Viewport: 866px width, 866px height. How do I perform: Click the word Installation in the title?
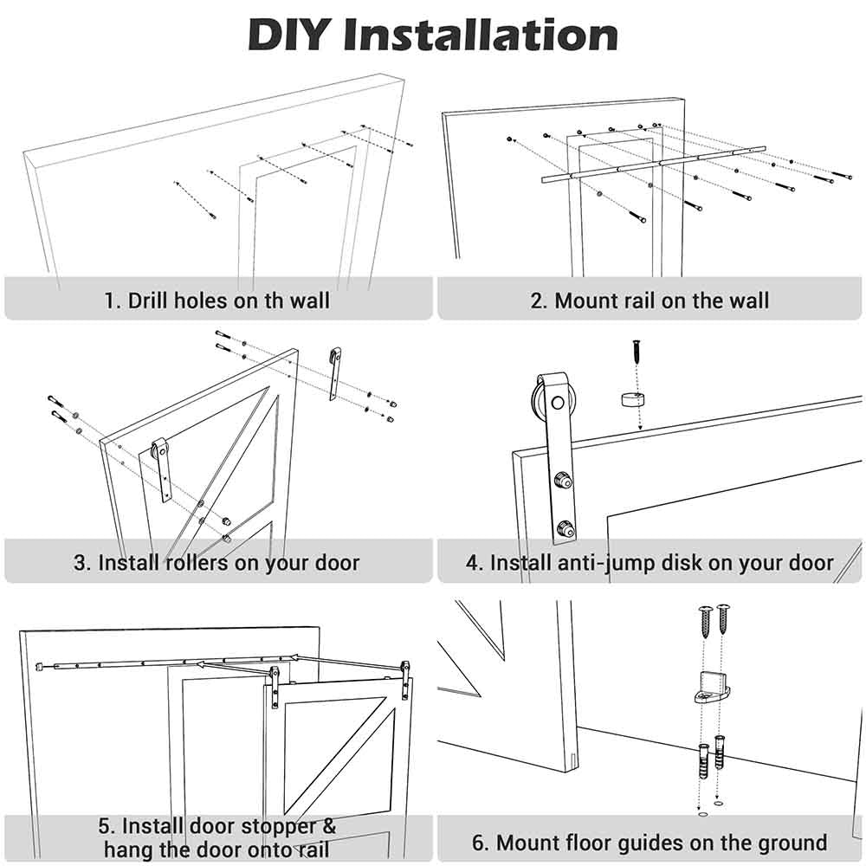[x=481, y=35]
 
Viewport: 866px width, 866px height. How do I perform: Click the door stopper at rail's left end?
[x=41, y=666]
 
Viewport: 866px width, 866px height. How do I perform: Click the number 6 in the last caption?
[x=478, y=842]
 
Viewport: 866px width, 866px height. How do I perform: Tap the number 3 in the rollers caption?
[x=81, y=562]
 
